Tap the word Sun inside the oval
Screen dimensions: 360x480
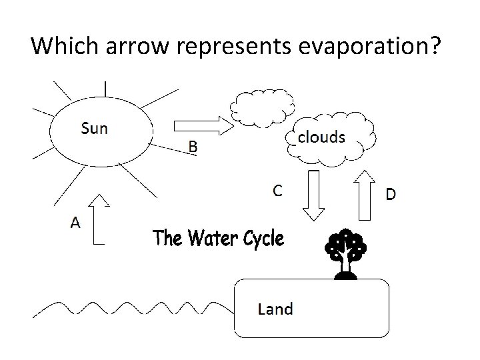pyautogui.click(x=93, y=128)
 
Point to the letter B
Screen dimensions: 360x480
pyautogui.click(x=192, y=147)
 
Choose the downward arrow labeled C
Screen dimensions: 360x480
pyautogui.click(x=313, y=195)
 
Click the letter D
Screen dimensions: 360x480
pyautogui.click(x=391, y=194)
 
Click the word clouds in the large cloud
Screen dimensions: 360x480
pyautogui.click(x=321, y=137)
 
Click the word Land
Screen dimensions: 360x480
pyautogui.click(x=275, y=309)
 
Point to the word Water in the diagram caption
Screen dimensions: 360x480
pyautogui.click(x=205, y=238)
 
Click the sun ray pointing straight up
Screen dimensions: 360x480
pyautogui.click(x=105, y=87)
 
